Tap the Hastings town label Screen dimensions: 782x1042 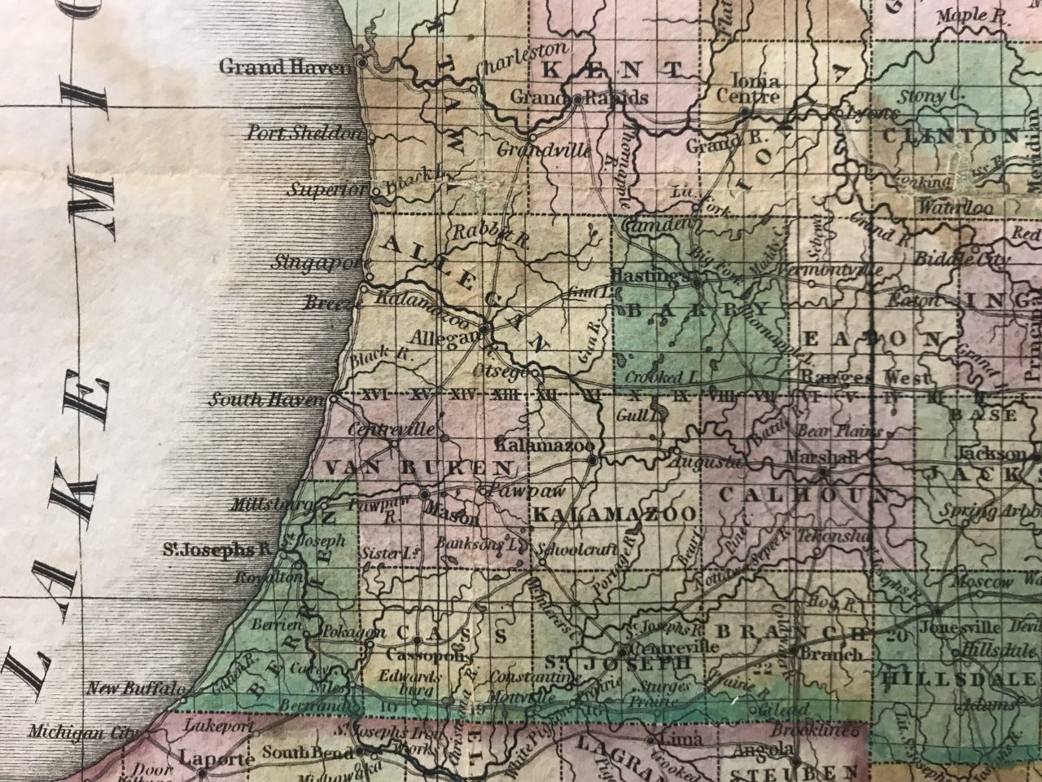pos(655,275)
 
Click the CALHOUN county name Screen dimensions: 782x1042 pos(801,494)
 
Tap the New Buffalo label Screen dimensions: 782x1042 pos(130,688)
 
